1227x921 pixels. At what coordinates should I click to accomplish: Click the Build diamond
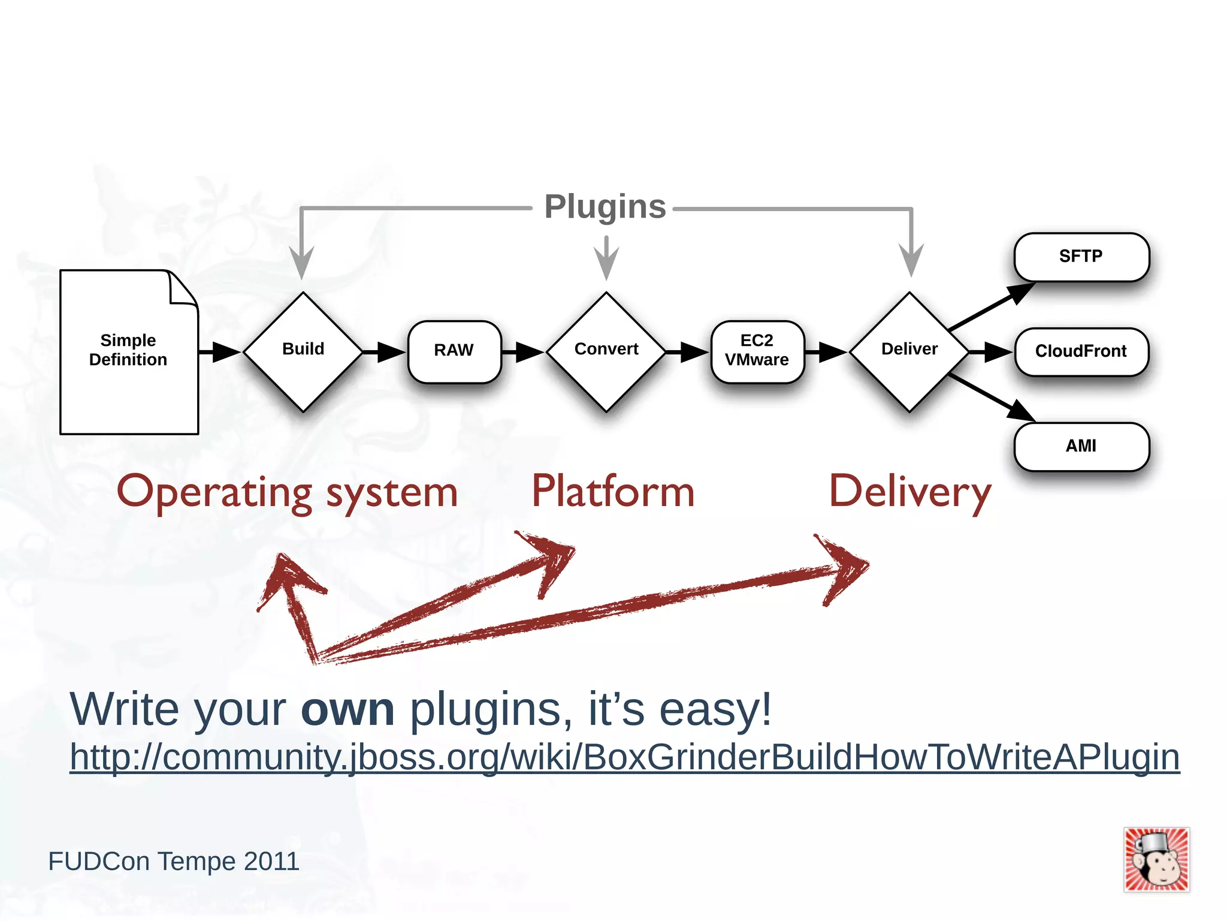pyautogui.click(x=303, y=351)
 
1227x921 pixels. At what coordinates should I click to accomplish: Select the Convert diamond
pyautogui.click(x=606, y=351)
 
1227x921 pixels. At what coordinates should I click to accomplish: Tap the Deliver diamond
pyautogui.click(x=909, y=351)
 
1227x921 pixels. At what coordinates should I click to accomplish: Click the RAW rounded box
pyautogui.click(x=454, y=351)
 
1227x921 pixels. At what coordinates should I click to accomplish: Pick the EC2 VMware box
pyautogui.click(x=757, y=351)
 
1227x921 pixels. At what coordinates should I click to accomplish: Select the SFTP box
pyautogui.click(x=1081, y=257)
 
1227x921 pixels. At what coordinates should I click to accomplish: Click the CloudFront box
pyautogui.click(x=1081, y=351)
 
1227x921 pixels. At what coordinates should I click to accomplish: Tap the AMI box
pyautogui.click(x=1081, y=446)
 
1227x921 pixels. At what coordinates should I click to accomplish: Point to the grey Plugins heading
pyautogui.click(x=605, y=207)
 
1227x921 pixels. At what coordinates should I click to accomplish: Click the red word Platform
pyautogui.click(x=612, y=492)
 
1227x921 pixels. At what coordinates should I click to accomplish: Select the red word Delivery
pyautogui.click(x=909, y=492)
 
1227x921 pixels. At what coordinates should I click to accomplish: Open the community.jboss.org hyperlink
pyautogui.click(x=624, y=757)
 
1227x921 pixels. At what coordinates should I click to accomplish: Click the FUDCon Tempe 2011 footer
pyautogui.click(x=174, y=862)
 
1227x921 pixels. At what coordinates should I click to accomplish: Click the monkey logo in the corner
pyautogui.click(x=1156, y=860)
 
